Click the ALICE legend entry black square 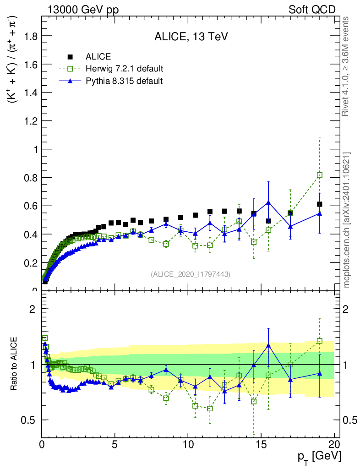[x=70, y=57]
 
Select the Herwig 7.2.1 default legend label [x=125, y=69]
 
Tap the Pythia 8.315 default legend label [x=124, y=81]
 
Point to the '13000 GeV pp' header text [x=83, y=10]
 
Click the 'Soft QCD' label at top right [x=311, y=10]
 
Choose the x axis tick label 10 [x=188, y=445]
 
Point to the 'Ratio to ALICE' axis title [x=14, y=364]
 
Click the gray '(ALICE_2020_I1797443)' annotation [x=191, y=274]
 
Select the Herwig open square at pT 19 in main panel [x=320, y=175]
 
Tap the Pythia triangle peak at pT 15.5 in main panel [x=268, y=202]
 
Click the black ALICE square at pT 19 [x=320, y=204]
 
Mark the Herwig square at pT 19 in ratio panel [x=320, y=341]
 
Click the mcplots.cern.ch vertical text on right [x=348, y=220]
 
